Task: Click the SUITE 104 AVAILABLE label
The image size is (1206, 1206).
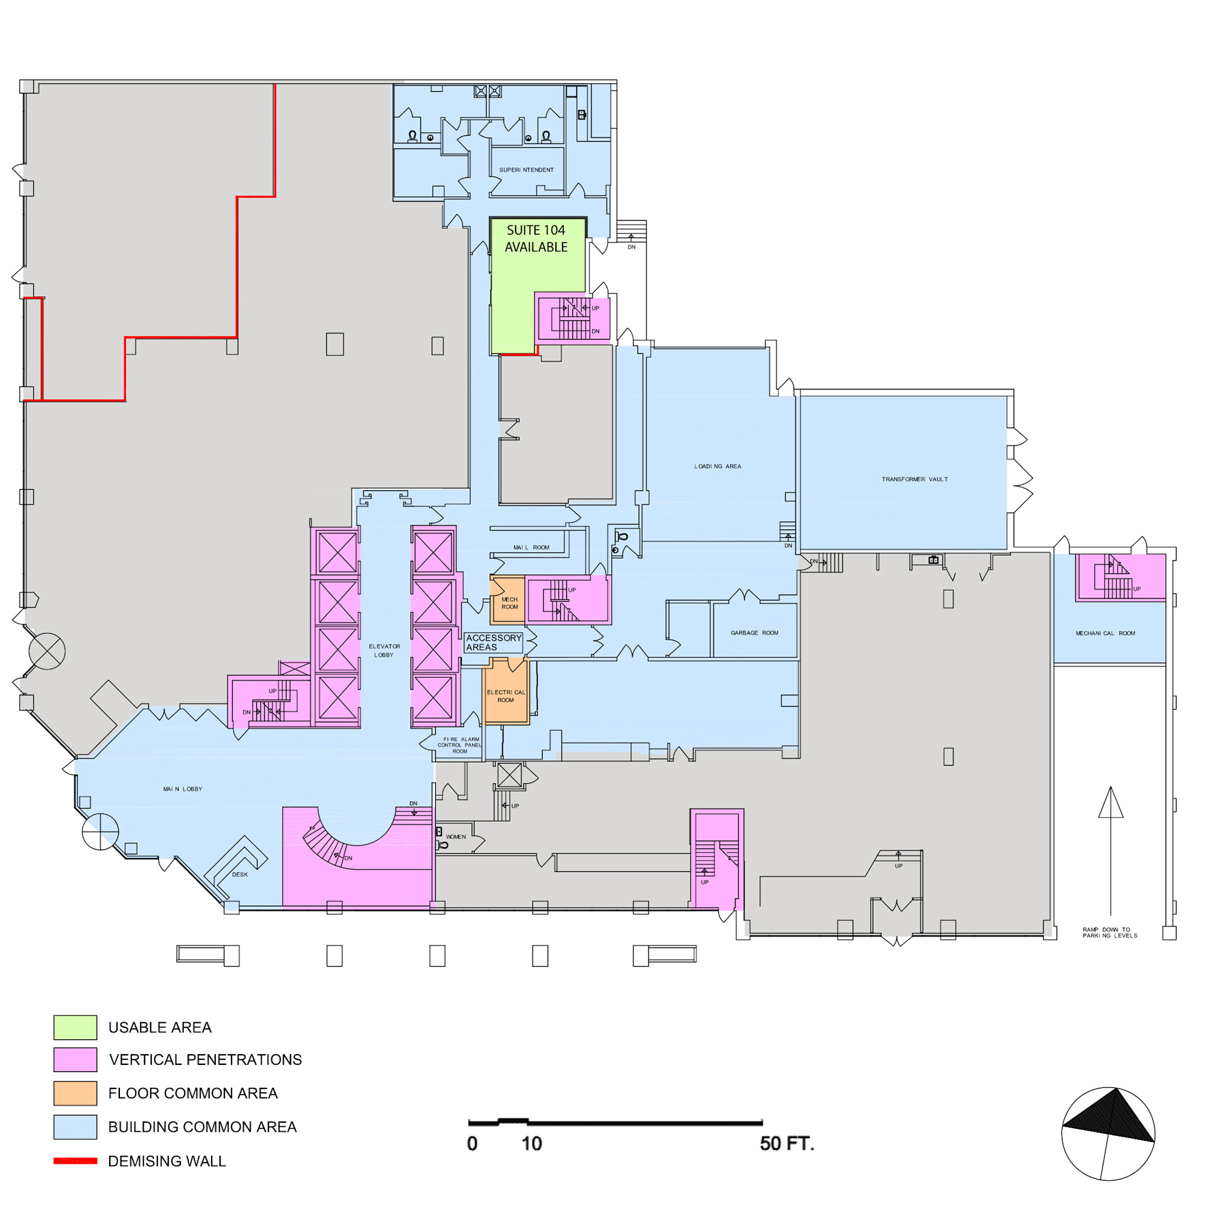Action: pos(535,238)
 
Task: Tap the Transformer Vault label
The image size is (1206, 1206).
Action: pos(915,479)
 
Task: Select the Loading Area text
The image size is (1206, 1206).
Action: pos(718,466)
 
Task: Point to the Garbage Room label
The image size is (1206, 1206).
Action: pos(754,633)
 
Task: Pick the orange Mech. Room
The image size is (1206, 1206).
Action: pos(508,601)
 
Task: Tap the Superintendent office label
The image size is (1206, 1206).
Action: pos(526,170)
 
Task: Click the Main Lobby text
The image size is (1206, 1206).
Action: pos(182,789)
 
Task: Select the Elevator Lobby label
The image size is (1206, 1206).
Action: pos(385,651)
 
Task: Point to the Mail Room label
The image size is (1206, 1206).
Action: pos(531,548)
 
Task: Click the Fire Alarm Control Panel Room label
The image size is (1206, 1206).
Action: pos(459,745)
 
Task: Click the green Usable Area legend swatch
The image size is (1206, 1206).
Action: pos(75,1027)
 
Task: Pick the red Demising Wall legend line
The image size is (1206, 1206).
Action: pos(75,1161)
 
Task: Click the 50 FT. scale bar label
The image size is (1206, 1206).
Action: pos(787,1143)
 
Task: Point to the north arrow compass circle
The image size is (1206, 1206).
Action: pos(1108,1134)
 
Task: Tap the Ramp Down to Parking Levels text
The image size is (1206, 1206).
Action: pos(1110,933)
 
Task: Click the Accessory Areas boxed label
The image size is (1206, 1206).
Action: pos(493,642)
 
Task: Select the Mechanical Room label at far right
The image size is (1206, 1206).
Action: pos(1105,633)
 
